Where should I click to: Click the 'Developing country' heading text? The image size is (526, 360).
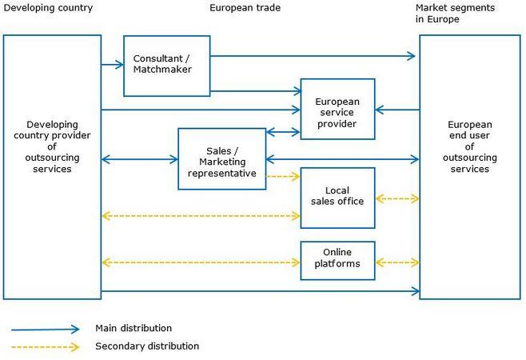point(48,8)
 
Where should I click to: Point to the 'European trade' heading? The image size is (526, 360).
point(245,8)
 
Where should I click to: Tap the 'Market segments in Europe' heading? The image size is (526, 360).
point(455,14)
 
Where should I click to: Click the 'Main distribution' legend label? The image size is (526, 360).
point(133,328)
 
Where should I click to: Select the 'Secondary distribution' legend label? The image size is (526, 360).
point(147,346)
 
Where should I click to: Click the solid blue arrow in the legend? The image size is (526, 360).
point(46,330)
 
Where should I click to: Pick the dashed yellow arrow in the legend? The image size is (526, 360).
point(46,347)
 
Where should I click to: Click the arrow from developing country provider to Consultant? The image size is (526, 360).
point(113,65)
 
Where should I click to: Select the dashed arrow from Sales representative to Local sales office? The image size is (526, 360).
point(283,176)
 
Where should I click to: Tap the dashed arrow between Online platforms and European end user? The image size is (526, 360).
point(397,262)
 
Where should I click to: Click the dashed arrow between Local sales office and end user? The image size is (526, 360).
point(397,199)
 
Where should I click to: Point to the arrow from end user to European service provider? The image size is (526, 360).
point(397,110)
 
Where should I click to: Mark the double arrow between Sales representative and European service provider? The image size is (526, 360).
point(283,132)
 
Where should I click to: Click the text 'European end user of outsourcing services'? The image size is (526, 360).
point(470,146)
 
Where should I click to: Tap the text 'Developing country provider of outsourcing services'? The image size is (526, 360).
point(52,146)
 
